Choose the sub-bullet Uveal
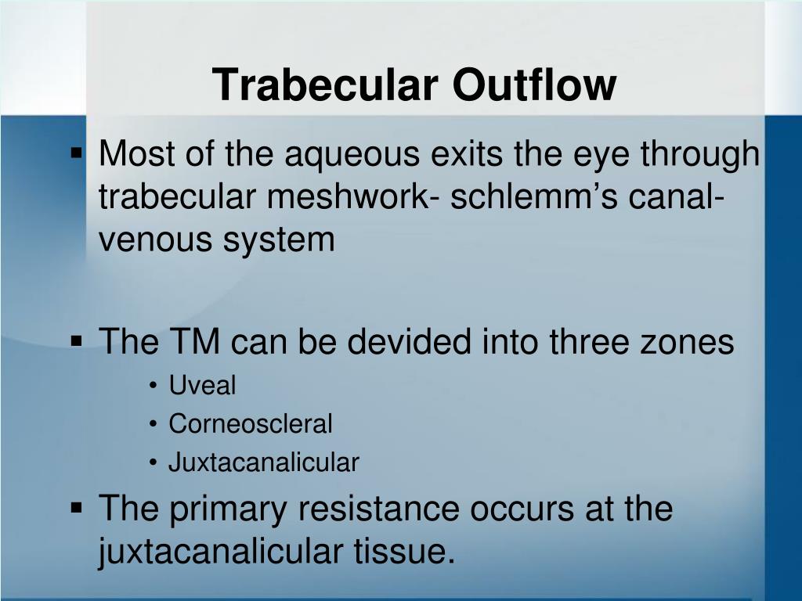click(202, 386)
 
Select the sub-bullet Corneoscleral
click(251, 425)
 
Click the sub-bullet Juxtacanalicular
click(263, 463)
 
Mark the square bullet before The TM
click(77, 341)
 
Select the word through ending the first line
click(700, 156)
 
